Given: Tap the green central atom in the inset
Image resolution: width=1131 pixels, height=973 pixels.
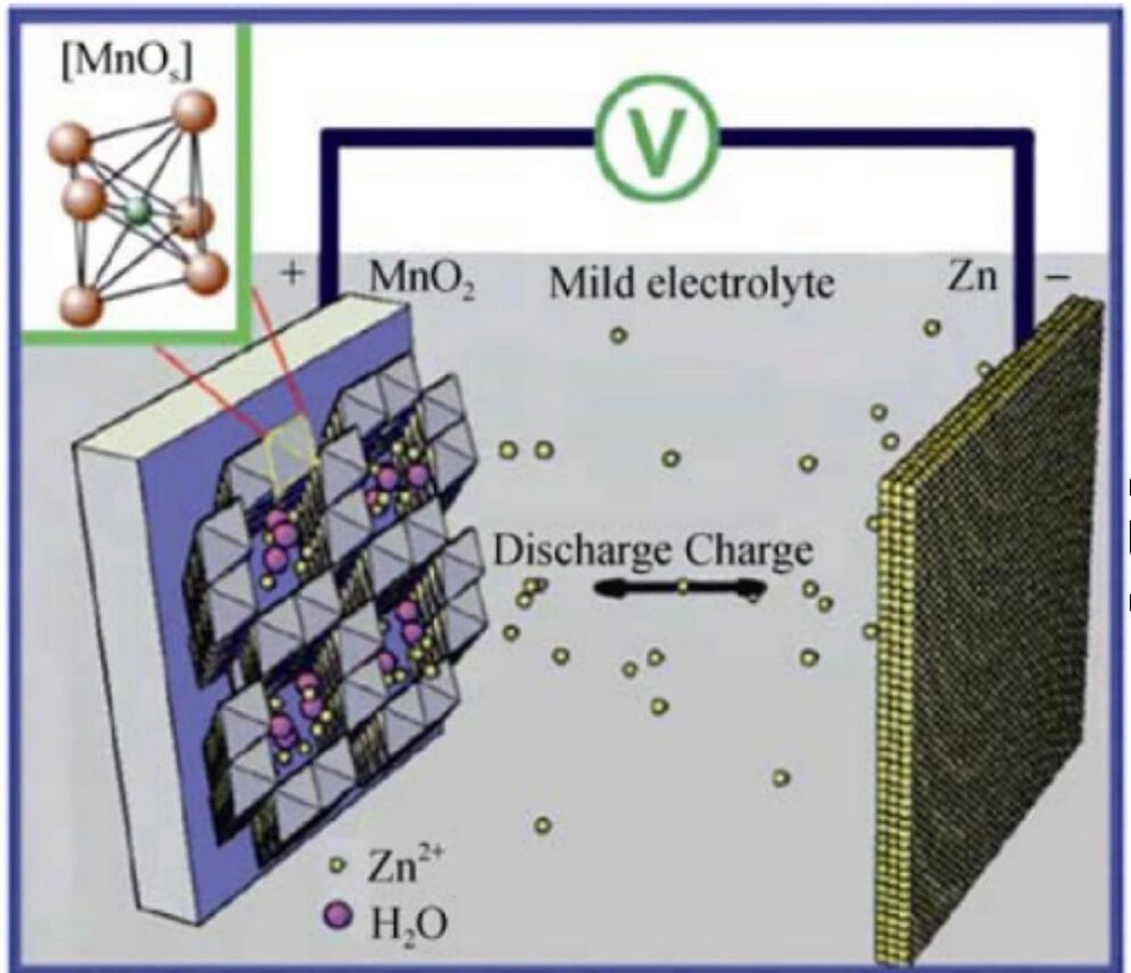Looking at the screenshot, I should coord(137,212).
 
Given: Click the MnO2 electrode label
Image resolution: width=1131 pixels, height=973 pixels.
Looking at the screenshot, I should coord(422,282).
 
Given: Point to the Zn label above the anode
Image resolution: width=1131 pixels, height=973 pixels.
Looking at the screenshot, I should coord(971,277).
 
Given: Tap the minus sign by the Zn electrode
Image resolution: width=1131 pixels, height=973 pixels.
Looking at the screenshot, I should coord(1057,278).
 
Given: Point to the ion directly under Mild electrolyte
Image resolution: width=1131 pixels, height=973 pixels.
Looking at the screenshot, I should coord(619,334).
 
